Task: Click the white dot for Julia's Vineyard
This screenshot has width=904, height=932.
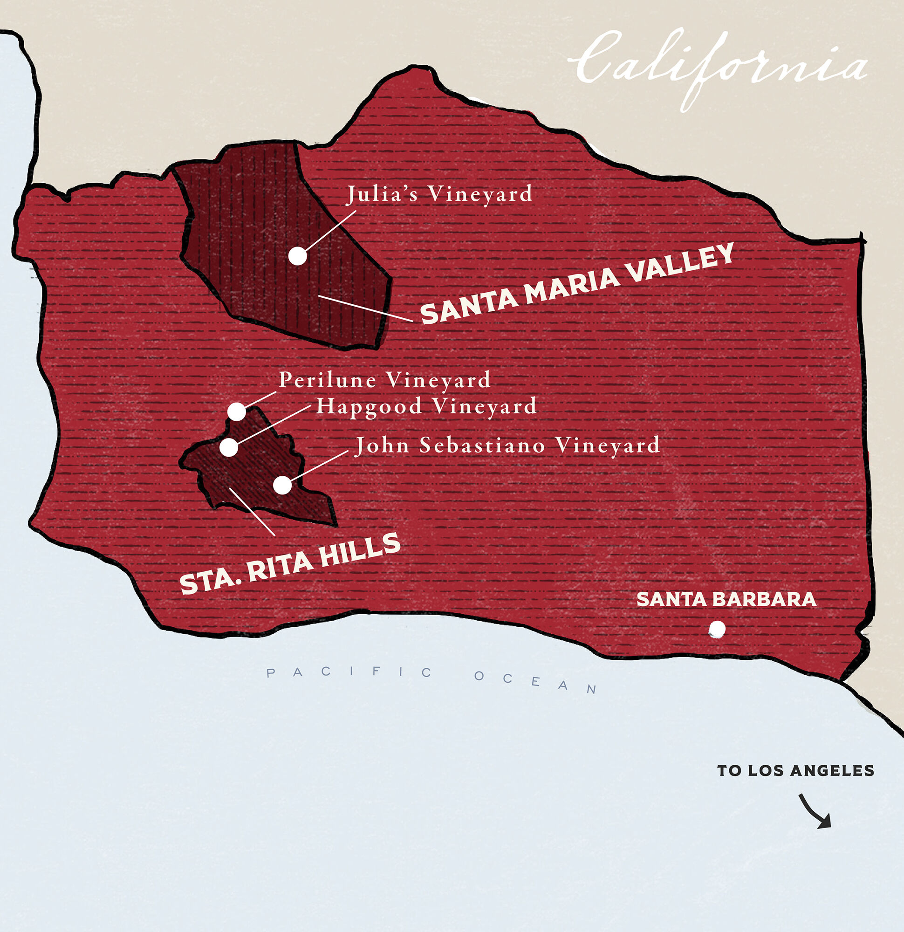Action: pos(298,256)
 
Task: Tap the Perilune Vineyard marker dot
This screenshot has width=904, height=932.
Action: pos(236,411)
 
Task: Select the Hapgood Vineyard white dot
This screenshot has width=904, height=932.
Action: pos(229,447)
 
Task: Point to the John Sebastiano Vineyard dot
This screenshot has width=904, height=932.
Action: pos(282,485)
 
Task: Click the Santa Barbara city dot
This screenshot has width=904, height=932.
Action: pos(717,629)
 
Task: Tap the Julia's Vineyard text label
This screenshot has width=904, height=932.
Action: pos(439,194)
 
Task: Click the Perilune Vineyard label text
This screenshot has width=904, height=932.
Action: pos(384,380)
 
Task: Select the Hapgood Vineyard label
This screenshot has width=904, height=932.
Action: pos(426,406)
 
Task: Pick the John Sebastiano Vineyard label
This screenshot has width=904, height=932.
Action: pos(507,445)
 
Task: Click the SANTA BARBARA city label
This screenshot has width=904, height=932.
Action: pos(726,600)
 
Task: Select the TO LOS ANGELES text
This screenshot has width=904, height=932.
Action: pos(795,771)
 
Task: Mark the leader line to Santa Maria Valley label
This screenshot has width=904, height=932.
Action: pos(365,308)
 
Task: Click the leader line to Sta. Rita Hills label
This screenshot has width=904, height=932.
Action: pos(252,511)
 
